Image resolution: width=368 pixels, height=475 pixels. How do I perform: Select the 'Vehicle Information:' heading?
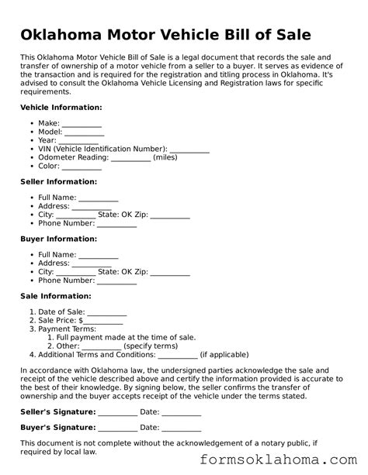61,107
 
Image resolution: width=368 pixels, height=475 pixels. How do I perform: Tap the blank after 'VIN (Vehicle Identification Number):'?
189,148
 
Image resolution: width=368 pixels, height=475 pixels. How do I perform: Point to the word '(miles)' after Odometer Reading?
165,157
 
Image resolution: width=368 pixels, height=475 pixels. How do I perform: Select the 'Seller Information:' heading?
58,181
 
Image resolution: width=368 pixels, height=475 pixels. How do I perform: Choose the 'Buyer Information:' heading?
58,239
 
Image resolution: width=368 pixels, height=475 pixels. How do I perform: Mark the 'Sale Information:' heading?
56,296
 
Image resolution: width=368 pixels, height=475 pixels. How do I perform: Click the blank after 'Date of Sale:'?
107,312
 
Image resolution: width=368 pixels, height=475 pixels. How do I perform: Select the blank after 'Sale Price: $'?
102,321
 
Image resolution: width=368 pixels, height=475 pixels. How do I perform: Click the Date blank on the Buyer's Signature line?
182,428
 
